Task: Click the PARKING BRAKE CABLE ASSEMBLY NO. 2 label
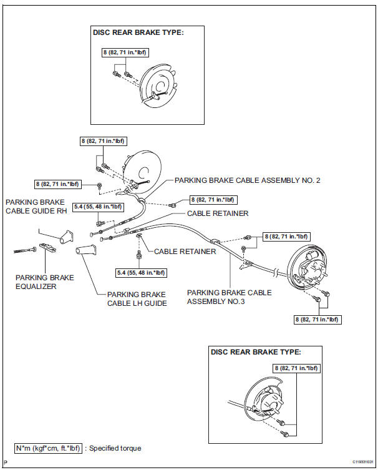tap(247, 180)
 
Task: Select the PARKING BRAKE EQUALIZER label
tap(44, 282)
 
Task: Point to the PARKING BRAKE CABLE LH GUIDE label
tap(136, 298)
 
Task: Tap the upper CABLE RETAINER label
tap(217, 213)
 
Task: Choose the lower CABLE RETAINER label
tap(185, 252)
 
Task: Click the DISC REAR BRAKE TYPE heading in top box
tap(138, 33)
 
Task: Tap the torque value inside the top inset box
tap(124, 52)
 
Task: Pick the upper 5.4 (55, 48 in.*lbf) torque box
tap(98, 207)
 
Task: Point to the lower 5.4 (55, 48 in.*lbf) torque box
tap(140, 273)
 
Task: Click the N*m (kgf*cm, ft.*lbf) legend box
tap(49, 448)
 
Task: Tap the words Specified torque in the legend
tap(115, 448)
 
